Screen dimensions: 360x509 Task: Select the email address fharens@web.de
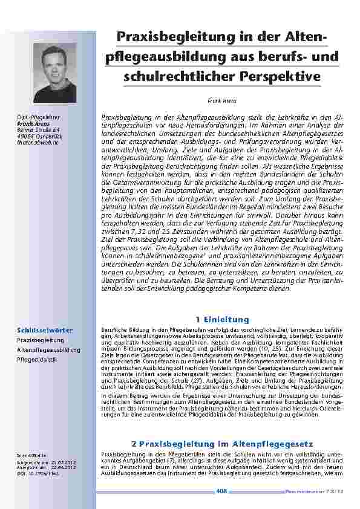click(38, 143)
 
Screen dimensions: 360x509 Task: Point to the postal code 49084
click(26, 136)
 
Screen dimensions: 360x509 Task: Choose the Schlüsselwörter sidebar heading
click(45, 330)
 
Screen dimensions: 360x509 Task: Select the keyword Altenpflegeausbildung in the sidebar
click(48, 350)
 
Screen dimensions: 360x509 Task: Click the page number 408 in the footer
click(221, 491)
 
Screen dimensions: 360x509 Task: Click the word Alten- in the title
click(304, 37)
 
